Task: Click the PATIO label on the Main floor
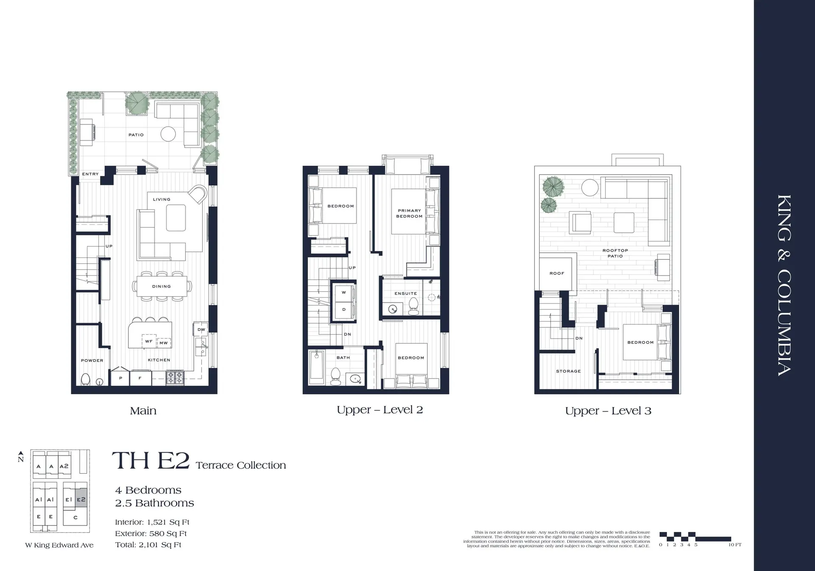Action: [x=136, y=135]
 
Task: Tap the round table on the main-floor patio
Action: [x=168, y=134]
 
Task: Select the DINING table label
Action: [x=161, y=286]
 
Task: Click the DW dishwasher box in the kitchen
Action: [x=201, y=329]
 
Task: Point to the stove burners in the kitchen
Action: [x=175, y=377]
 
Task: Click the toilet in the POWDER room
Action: [x=85, y=379]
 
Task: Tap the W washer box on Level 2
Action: [x=344, y=292]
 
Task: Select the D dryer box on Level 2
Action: [x=344, y=310]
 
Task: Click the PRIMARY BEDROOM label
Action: [x=409, y=213]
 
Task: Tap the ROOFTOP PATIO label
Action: [x=615, y=253]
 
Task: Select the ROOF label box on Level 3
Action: [x=557, y=273]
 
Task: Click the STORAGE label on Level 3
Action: [x=568, y=371]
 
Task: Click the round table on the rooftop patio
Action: [x=590, y=187]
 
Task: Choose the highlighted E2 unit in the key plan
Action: [x=81, y=500]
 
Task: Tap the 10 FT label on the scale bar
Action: [x=735, y=545]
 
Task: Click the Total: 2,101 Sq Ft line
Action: [x=148, y=545]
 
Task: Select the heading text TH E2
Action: [x=150, y=461]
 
